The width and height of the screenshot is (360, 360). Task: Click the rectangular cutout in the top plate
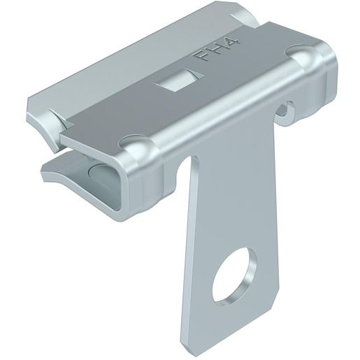coord(178,80)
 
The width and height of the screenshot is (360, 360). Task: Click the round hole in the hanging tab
coord(235,273)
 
